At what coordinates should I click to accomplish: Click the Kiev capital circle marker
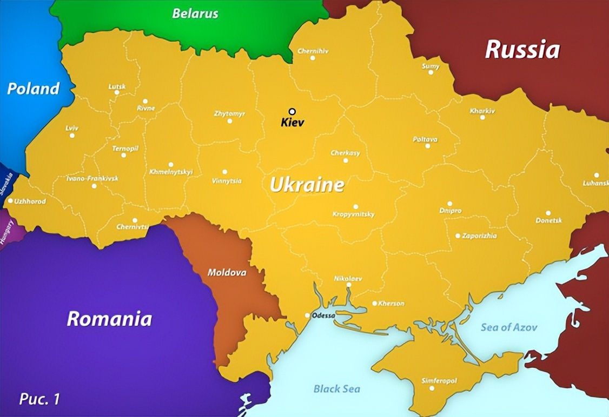pyautogui.click(x=292, y=111)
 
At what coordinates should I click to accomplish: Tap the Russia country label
pyautogui.click(x=522, y=49)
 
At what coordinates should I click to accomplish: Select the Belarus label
pyautogui.click(x=195, y=14)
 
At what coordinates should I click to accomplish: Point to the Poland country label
pyautogui.click(x=33, y=89)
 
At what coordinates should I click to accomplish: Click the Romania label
pyautogui.click(x=109, y=319)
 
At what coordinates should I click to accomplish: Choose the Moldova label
pyautogui.click(x=227, y=273)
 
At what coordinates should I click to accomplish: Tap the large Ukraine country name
pyautogui.click(x=307, y=185)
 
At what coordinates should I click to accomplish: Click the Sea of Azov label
pyautogui.click(x=509, y=327)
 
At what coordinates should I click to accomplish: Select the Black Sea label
pyautogui.click(x=336, y=389)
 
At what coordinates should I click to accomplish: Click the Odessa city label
pyautogui.click(x=323, y=315)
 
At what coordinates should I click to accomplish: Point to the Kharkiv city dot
pyautogui.click(x=482, y=117)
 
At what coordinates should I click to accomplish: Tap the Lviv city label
pyautogui.click(x=72, y=128)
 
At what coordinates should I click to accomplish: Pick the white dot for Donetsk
pyautogui.click(x=548, y=213)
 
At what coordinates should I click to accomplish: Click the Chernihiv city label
pyautogui.click(x=313, y=51)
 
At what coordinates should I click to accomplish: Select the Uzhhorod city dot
pyautogui.click(x=10, y=200)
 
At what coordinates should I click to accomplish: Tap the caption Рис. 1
pyautogui.click(x=39, y=399)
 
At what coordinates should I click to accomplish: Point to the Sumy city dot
pyautogui.click(x=431, y=72)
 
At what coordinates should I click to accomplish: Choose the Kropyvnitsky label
pyautogui.click(x=353, y=214)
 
